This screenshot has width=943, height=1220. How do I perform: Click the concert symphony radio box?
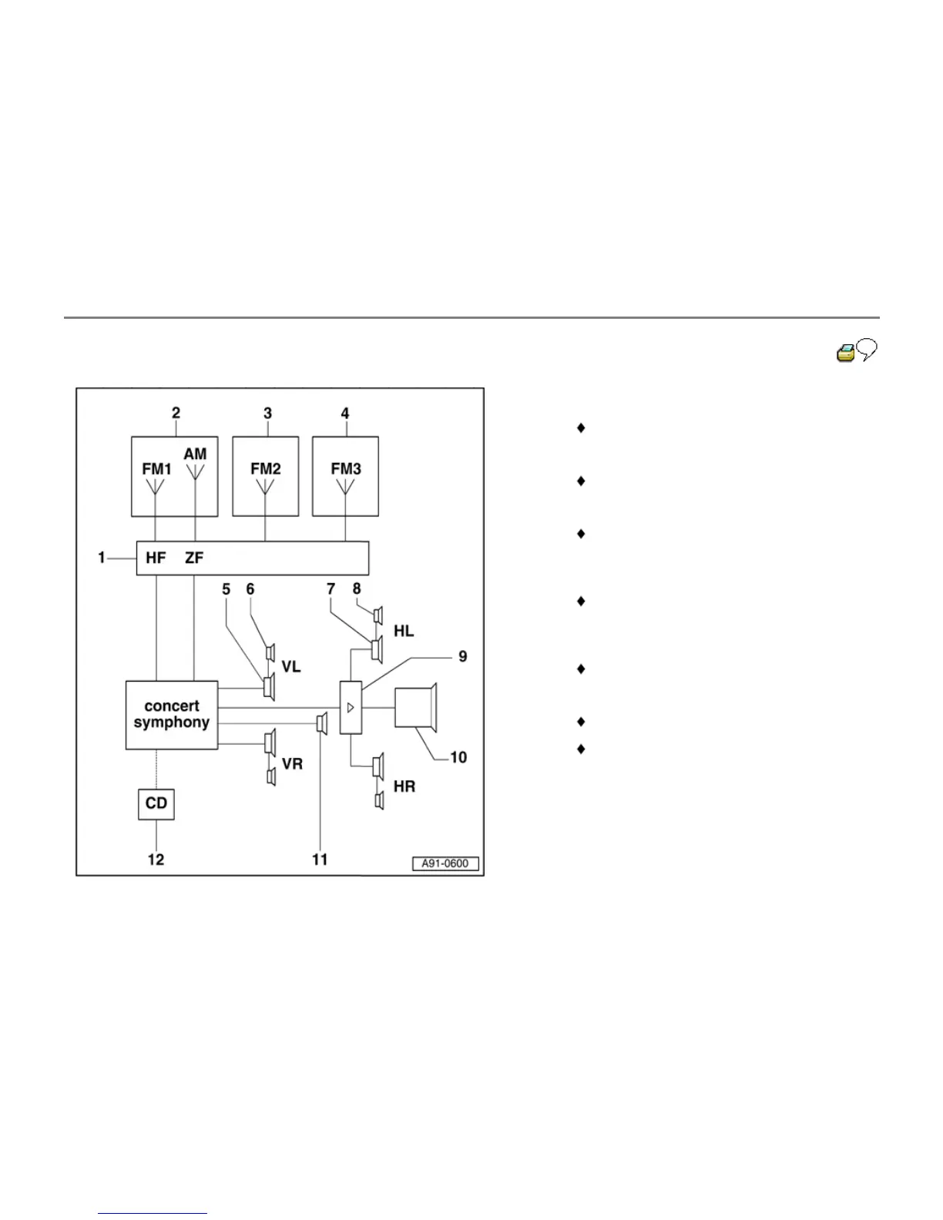pos(172,715)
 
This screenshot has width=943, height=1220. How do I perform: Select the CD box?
pos(156,803)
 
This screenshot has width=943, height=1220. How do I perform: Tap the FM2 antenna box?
pos(266,476)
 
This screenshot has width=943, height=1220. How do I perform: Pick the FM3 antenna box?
pos(345,476)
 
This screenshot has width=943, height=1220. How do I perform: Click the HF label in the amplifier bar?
pos(156,558)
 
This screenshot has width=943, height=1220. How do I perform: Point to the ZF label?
pos(194,558)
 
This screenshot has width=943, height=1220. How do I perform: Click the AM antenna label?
pos(195,454)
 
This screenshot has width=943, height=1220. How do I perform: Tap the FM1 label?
pos(156,468)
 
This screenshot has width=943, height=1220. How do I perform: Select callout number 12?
pos(156,860)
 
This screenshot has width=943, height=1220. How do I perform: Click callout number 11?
pos(320,860)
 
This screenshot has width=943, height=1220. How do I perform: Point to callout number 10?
pos(458,757)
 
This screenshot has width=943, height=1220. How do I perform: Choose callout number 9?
pos(462,656)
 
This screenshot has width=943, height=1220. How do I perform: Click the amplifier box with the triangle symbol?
pos(351,707)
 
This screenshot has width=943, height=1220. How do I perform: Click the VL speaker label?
pos(291,667)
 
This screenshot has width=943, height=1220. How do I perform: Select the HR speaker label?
pos(404,786)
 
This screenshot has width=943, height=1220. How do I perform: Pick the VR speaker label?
pos(292,764)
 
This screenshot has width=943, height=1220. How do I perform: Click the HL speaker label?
pos(404,631)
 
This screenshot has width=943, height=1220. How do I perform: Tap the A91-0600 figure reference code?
pos(445,863)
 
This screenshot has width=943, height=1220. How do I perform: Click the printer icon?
pos(845,354)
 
